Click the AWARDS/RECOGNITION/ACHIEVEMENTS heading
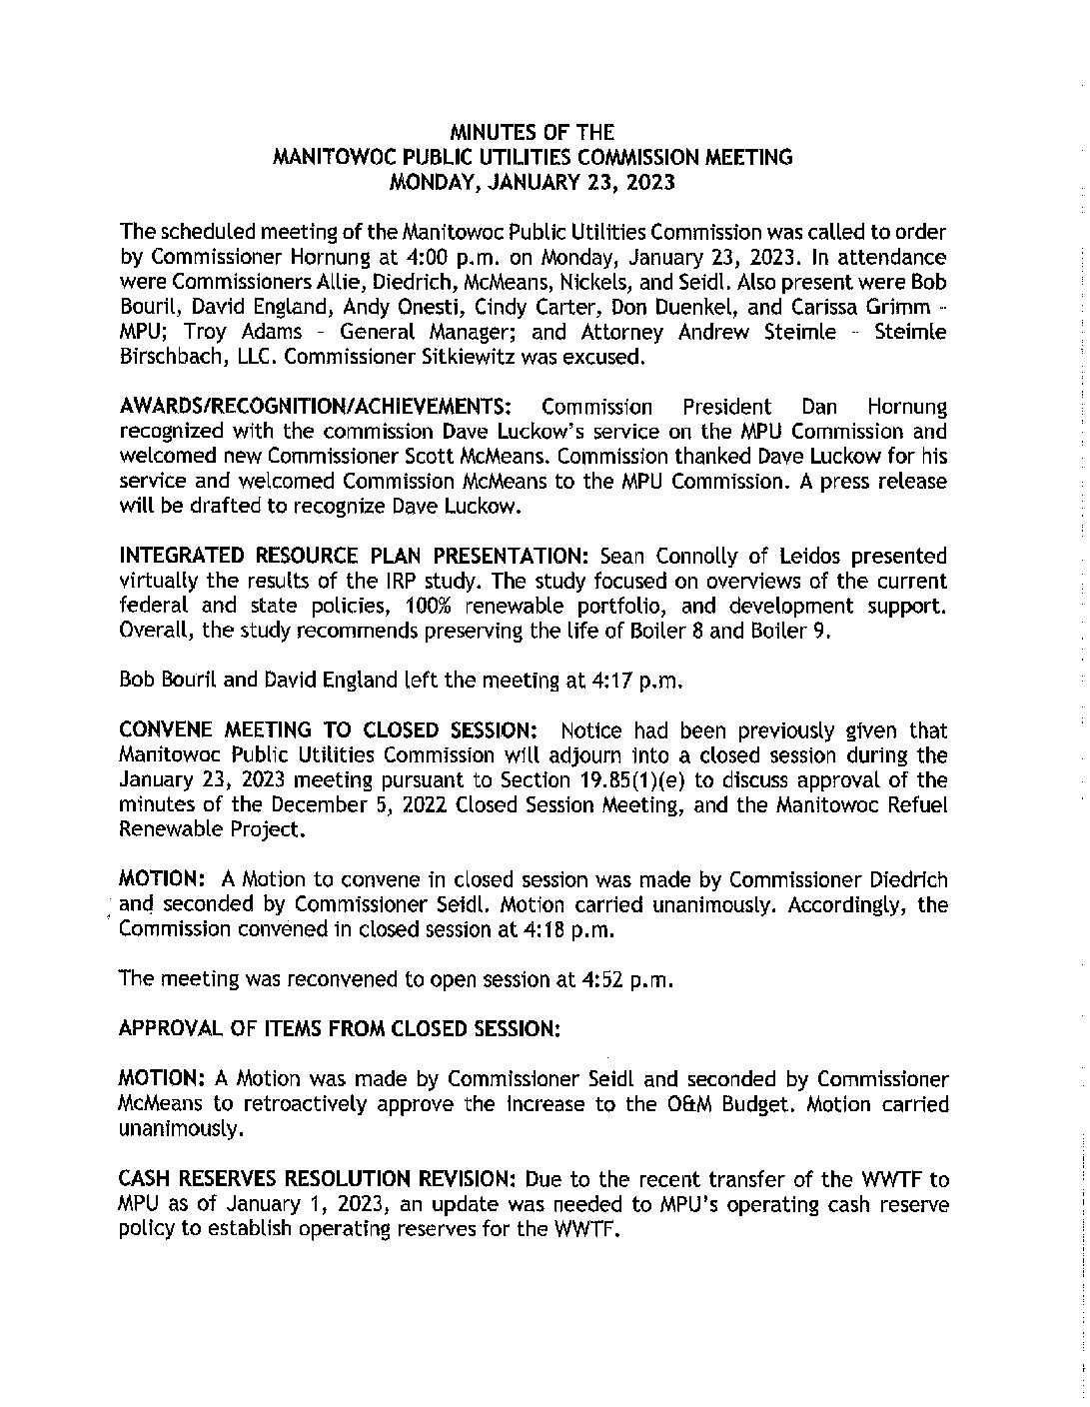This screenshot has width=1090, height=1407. pos(316,408)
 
